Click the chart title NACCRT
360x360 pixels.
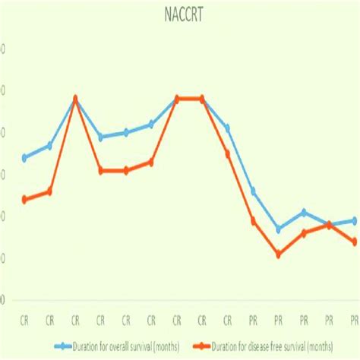coord(179,13)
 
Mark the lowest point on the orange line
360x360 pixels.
coord(278,254)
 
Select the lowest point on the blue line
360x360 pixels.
coord(278,229)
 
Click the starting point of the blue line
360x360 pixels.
coord(25,158)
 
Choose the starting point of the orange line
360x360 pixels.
coord(25,200)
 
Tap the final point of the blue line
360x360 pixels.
coord(354,220)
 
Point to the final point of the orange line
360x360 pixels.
coord(354,242)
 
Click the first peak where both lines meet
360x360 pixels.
coord(75,98)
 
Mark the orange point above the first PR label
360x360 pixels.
coord(253,221)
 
